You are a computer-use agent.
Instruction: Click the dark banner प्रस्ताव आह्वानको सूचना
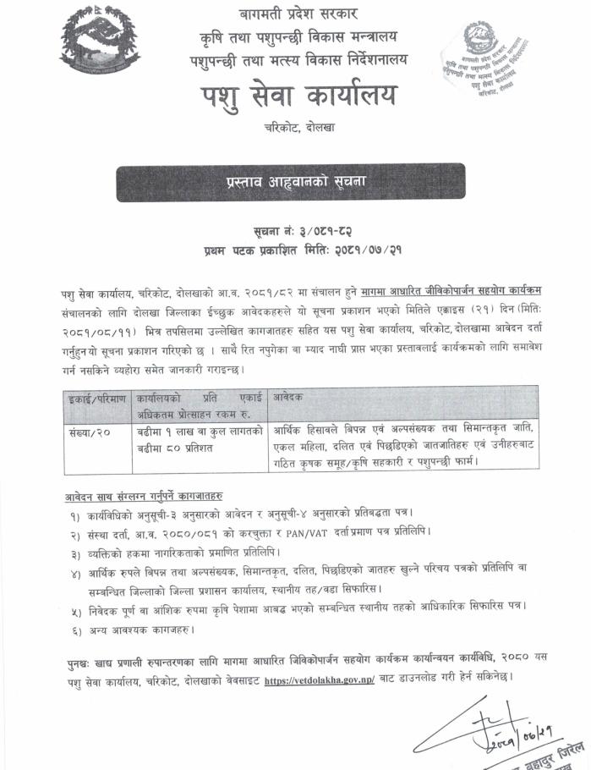point(291,181)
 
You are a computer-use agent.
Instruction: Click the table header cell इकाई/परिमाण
point(96,397)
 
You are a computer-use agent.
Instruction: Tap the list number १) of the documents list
point(78,514)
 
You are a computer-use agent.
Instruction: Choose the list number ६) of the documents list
point(78,629)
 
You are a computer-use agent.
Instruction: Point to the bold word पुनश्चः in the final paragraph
point(82,661)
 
